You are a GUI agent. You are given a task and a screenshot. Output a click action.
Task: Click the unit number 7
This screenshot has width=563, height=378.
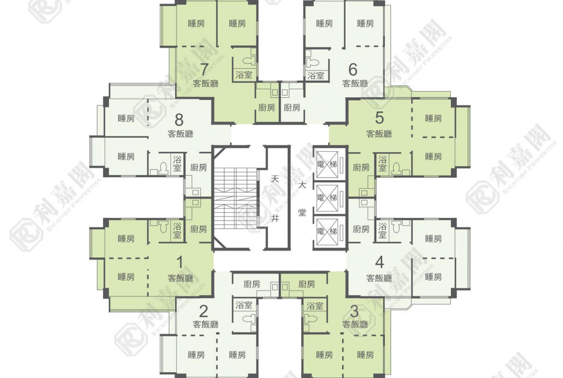[205, 69]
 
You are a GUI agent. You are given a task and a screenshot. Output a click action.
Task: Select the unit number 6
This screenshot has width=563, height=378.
[353, 69]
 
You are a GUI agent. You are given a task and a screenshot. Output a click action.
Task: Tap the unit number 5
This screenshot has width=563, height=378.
[379, 118]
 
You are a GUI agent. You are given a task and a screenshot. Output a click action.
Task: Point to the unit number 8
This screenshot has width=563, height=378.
[179, 119]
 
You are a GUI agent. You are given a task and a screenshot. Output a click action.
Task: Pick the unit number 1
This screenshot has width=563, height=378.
[180, 262]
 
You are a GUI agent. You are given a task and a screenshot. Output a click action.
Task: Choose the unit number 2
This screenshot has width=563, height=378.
[204, 311]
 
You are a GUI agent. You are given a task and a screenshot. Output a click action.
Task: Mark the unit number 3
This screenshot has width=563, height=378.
[354, 311]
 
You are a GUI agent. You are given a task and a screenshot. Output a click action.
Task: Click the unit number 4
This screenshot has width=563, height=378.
[379, 262]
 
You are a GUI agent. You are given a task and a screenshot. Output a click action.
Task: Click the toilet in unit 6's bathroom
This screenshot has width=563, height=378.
[312, 62]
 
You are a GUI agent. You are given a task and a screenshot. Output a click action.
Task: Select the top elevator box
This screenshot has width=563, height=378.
[327, 165]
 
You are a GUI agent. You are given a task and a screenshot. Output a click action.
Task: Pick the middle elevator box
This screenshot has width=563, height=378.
[327, 197]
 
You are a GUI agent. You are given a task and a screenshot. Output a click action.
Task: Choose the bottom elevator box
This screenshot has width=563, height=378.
[327, 231]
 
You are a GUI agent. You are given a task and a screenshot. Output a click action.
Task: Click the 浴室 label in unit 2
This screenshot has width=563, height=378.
[244, 305]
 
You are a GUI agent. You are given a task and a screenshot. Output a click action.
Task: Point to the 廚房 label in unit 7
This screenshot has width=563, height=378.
[267, 107]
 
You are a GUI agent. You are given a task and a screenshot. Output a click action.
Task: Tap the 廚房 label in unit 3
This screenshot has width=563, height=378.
[307, 284]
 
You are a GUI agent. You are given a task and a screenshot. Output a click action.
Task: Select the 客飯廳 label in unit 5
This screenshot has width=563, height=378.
[379, 134]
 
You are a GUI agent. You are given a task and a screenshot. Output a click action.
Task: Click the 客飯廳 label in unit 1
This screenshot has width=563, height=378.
[180, 278]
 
